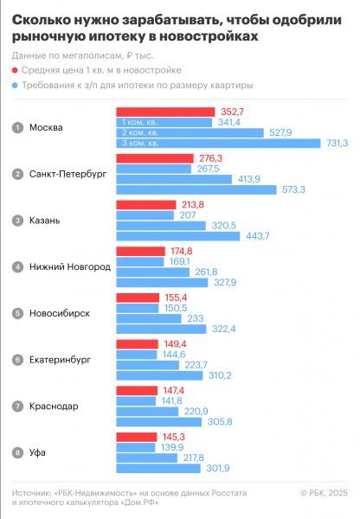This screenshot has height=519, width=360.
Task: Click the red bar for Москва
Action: pyautogui.click(x=164, y=112)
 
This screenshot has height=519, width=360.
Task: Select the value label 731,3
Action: pyautogui.click(x=336, y=143)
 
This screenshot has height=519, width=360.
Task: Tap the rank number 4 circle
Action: pyautogui.click(x=16, y=267)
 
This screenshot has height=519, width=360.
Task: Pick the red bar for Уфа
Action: pyautogui.click(x=135, y=436)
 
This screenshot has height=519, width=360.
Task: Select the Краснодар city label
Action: pyautogui.click(x=54, y=406)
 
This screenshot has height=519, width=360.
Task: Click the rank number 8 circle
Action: pyautogui.click(x=16, y=452)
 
